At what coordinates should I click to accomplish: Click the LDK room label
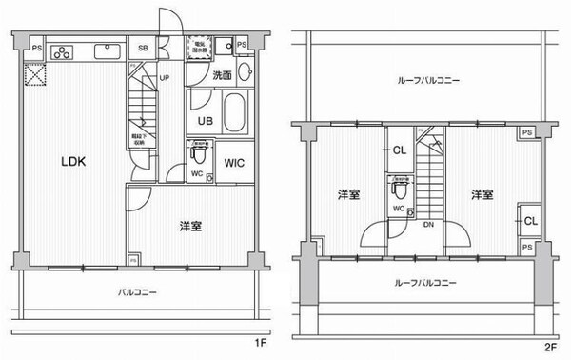74,162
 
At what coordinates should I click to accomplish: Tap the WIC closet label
235,163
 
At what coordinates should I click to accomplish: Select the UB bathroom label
204,121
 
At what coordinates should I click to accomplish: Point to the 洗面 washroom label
222,75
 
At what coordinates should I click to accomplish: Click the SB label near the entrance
143,48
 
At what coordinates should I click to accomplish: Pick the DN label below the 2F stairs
429,226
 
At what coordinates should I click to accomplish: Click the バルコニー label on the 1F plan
138,292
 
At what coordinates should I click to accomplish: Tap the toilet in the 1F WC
199,153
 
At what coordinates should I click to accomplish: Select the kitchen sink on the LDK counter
106,50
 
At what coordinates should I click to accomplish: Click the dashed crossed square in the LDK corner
34,73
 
